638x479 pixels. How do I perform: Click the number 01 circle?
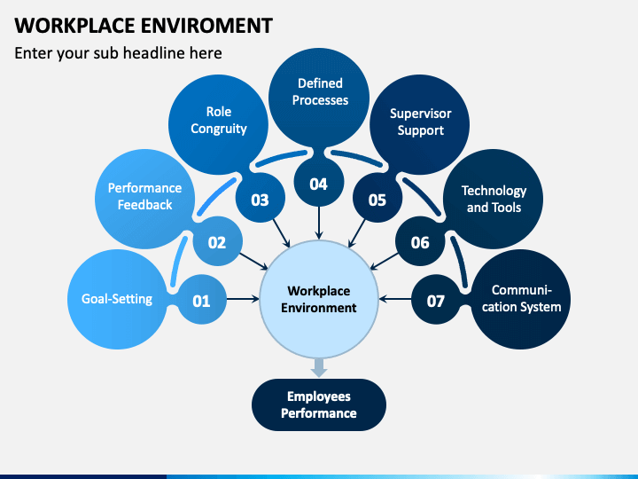(x=202, y=300)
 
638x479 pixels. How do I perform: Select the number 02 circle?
(x=217, y=241)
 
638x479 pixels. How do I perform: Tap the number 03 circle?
(x=260, y=198)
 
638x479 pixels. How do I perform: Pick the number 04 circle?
(x=319, y=182)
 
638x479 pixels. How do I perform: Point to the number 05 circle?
(x=377, y=198)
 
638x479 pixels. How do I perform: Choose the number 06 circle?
(x=420, y=241)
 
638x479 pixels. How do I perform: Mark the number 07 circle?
(x=436, y=300)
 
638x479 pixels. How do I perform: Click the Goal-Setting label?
(x=117, y=299)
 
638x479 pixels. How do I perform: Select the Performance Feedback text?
(x=144, y=196)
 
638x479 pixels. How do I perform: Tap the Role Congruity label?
(x=219, y=120)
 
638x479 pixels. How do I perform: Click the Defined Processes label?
(x=320, y=91)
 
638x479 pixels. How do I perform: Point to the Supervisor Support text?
(x=420, y=122)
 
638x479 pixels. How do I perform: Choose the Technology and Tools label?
(x=494, y=199)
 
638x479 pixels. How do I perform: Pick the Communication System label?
(x=522, y=298)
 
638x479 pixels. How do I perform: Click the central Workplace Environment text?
(x=319, y=300)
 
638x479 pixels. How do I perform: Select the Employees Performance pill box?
(x=319, y=404)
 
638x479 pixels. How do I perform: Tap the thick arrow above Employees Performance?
(x=319, y=367)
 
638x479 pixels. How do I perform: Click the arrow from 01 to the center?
(x=243, y=300)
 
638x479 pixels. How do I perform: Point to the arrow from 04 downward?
(x=319, y=223)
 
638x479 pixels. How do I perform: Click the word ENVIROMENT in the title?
(x=206, y=26)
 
